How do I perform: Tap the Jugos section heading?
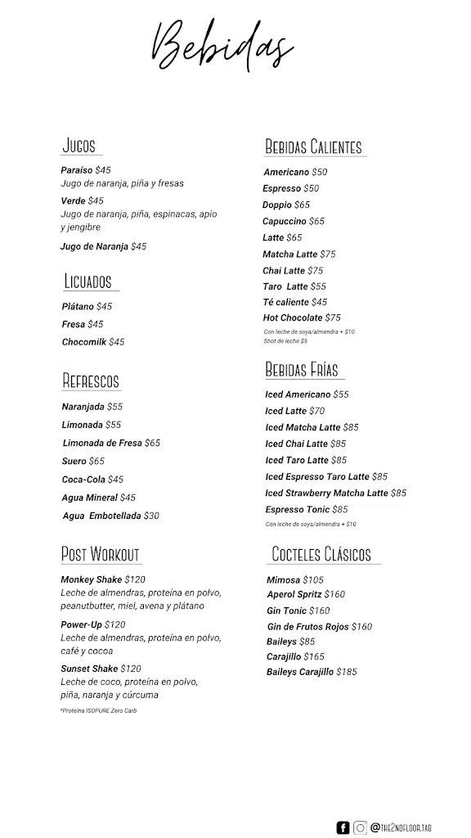[x=79, y=146]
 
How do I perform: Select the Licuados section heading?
[x=87, y=282]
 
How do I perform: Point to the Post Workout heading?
[x=100, y=554]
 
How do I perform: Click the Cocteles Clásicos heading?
[x=321, y=554]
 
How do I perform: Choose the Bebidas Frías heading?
[x=302, y=370]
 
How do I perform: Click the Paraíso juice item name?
[x=78, y=170]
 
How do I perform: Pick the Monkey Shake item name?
[x=91, y=579]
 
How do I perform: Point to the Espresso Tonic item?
[x=297, y=509]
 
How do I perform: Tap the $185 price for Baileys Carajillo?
[x=347, y=672]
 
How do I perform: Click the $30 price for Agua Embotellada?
[x=151, y=516]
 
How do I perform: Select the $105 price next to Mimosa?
[x=313, y=579]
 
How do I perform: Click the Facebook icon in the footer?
[x=343, y=827]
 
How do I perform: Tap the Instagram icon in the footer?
[x=360, y=827]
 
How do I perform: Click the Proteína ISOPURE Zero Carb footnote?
[x=98, y=710]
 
